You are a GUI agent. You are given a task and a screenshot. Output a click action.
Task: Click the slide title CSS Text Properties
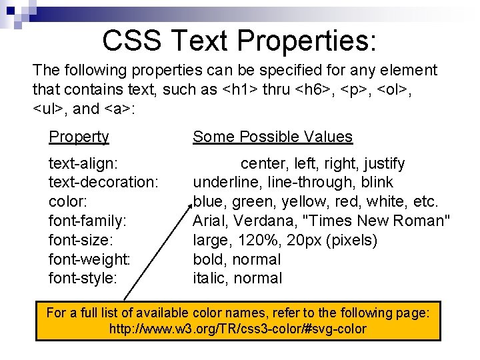click(x=239, y=41)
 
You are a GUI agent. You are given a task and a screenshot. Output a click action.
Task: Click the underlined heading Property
click(x=79, y=137)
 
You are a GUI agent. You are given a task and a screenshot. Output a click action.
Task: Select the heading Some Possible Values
click(x=272, y=137)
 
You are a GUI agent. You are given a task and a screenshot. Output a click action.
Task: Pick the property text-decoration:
click(x=103, y=182)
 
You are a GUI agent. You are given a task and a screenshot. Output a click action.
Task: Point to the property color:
click(x=67, y=201)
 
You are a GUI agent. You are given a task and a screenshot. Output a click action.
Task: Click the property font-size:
click(x=81, y=240)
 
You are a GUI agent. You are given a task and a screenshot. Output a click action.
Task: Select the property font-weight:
click(x=89, y=259)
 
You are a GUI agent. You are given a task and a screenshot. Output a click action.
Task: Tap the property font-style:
click(x=83, y=278)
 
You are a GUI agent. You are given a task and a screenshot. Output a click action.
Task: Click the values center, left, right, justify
click(x=322, y=163)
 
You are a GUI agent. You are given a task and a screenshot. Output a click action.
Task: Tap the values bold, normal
click(x=237, y=259)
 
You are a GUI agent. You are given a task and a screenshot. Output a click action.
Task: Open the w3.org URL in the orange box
click(x=237, y=329)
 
